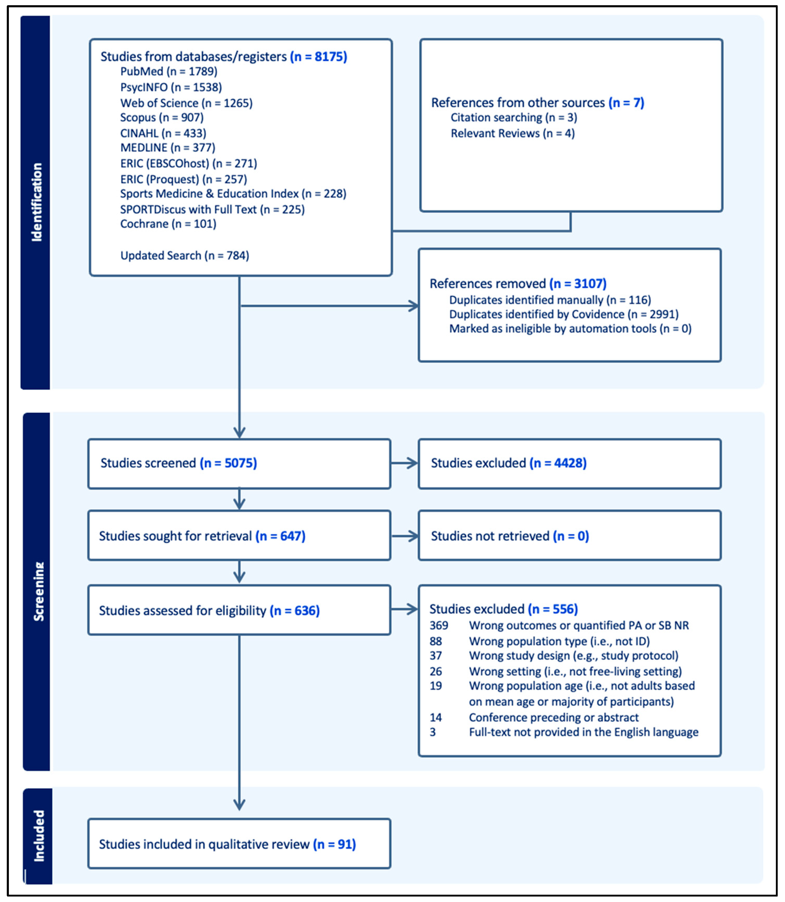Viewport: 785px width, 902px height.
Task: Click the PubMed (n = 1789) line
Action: pyautogui.click(x=169, y=71)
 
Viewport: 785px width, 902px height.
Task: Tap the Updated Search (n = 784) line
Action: pyautogui.click(x=184, y=255)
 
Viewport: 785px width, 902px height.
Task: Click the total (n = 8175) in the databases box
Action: pyautogui.click(x=319, y=57)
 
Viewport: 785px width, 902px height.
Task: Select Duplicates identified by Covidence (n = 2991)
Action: pyautogui.click(x=563, y=314)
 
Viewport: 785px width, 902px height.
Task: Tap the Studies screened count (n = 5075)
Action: pyautogui.click(x=228, y=463)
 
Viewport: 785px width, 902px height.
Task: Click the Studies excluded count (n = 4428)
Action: pyautogui.click(x=558, y=463)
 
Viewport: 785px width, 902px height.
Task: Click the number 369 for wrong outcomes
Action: pyautogui.click(x=439, y=625)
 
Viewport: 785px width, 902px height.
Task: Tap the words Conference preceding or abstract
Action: pyautogui.click(x=553, y=717)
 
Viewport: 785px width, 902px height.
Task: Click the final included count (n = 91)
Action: pyautogui.click(x=334, y=844)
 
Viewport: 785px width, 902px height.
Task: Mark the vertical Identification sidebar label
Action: pyautogui.click(x=37, y=202)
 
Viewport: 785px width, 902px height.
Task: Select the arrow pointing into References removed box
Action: pyautogui.click(x=412, y=306)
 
